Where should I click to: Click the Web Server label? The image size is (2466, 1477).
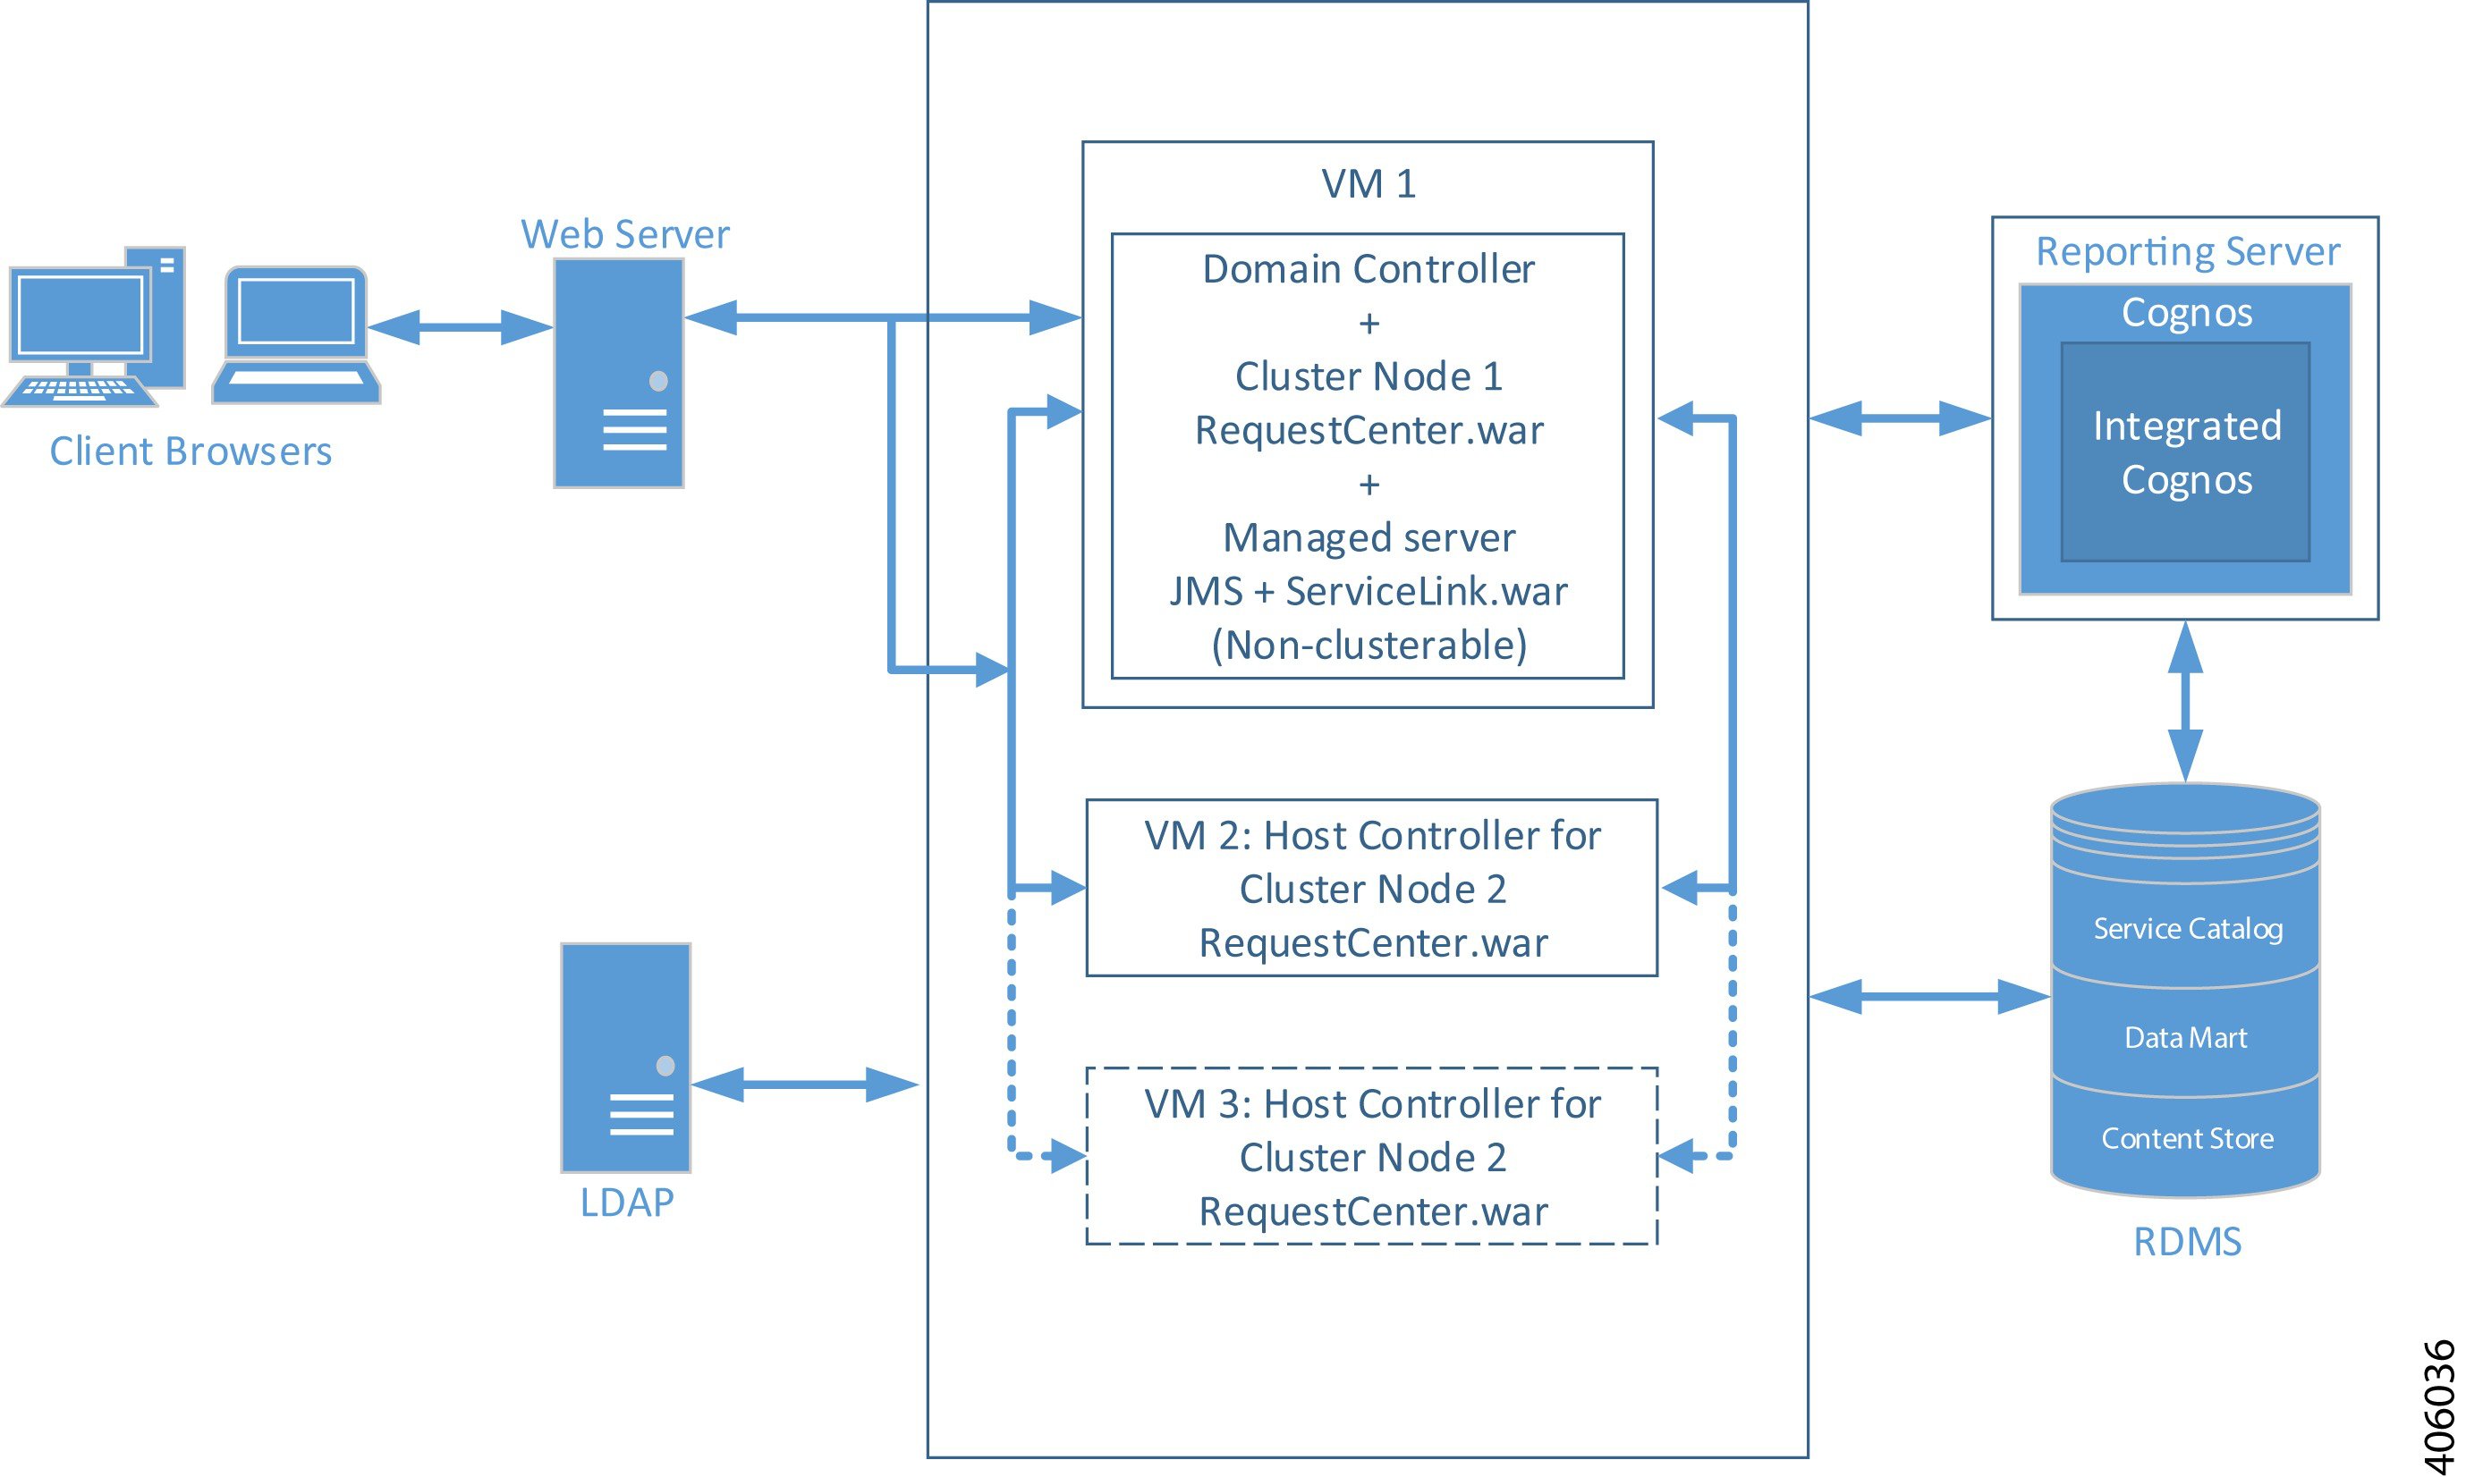(x=625, y=235)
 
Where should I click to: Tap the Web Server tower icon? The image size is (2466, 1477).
(x=618, y=373)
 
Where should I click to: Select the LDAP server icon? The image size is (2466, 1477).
(x=625, y=1057)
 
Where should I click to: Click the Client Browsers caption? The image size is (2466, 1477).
(x=191, y=452)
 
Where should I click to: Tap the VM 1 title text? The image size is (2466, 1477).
(x=1368, y=184)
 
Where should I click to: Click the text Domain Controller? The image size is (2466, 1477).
(x=1368, y=269)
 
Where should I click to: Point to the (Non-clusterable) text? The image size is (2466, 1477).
(x=1368, y=645)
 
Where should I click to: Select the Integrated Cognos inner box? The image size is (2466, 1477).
(x=2185, y=453)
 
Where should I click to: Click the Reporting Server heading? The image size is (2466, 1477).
(x=2186, y=251)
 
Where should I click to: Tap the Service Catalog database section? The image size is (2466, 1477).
(x=2186, y=929)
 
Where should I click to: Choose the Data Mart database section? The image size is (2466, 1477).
(x=2185, y=1037)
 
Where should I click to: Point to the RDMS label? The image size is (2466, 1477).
(x=2186, y=1241)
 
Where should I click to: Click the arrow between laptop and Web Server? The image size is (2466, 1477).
(x=460, y=326)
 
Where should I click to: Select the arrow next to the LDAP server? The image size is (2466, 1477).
(x=804, y=1084)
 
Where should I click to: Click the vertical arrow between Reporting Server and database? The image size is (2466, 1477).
(x=2184, y=702)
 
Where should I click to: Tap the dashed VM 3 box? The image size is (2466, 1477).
(x=1371, y=1157)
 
